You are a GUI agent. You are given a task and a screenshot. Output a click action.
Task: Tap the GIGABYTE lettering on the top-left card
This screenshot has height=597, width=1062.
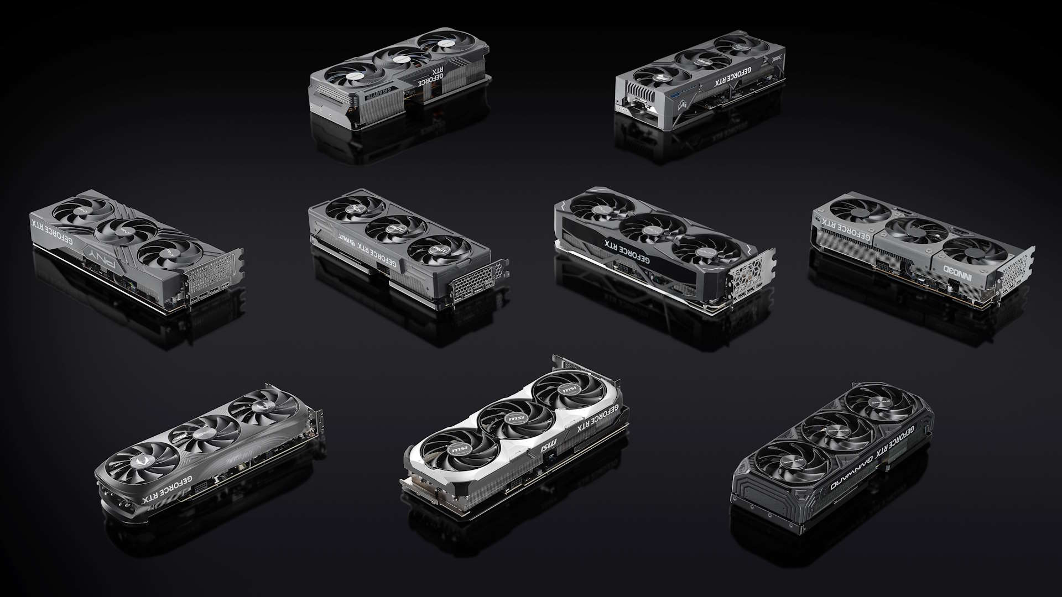(381, 93)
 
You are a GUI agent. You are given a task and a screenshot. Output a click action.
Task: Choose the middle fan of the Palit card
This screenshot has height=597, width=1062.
(397, 227)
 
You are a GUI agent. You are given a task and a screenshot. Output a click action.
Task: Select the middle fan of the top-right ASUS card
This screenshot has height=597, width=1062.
(700, 60)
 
